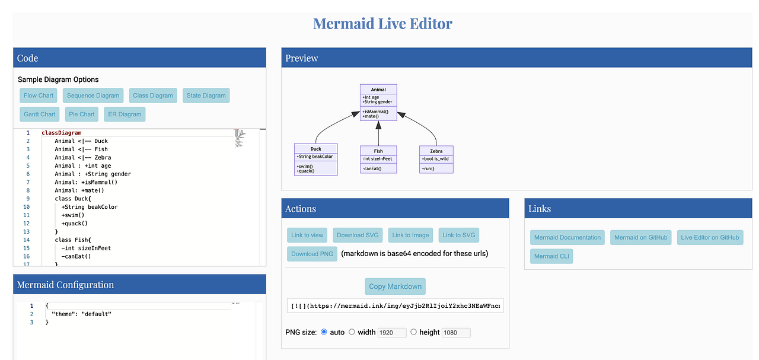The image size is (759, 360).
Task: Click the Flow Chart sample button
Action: [x=39, y=95]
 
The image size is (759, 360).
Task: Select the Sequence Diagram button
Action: [x=93, y=95]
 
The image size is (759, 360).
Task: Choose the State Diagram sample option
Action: [x=206, y=95]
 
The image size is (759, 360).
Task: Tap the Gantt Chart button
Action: [x=40, y=114]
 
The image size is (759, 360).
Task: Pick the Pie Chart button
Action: [x=82, y=114]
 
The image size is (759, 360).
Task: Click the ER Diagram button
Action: [x=125, y=114]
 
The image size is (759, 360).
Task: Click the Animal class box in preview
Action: [x=378, y=103]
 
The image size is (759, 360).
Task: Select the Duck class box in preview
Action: [x=315, y=159]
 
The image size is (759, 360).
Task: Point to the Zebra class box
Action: [x=436, y=159]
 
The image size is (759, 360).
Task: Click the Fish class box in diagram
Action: [x=378, y=159]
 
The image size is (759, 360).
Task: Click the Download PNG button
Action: [x=312, y=254]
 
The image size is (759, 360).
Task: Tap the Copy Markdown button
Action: [x=395, y=286]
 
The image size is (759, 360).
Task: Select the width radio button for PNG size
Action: [x=352, y=332]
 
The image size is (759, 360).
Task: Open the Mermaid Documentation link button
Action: [x=567, y=238]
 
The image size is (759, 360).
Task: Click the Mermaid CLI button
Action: [x=551, y=257]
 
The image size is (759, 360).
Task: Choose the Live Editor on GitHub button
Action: [x=710, y=238]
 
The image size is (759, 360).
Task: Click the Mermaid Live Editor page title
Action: [x=382, y=24]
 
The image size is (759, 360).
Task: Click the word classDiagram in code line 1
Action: [x=62, y=133]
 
